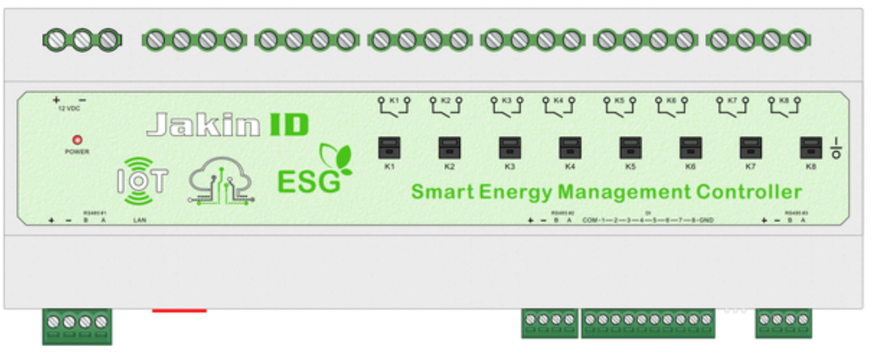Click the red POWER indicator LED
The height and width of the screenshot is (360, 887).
[x=77, y=140]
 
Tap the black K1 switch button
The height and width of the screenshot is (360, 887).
[x=389, y=148]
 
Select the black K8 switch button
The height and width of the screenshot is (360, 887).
[x=810, y=148]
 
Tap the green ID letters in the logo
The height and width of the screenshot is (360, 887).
[x=288, y=125]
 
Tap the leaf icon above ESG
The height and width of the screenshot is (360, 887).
[x=336, y=159]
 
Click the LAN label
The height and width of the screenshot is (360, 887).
[x=139, y=220]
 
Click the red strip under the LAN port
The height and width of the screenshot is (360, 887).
[x=179, y=311]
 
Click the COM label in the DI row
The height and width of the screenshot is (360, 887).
[x=589, y=220]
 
